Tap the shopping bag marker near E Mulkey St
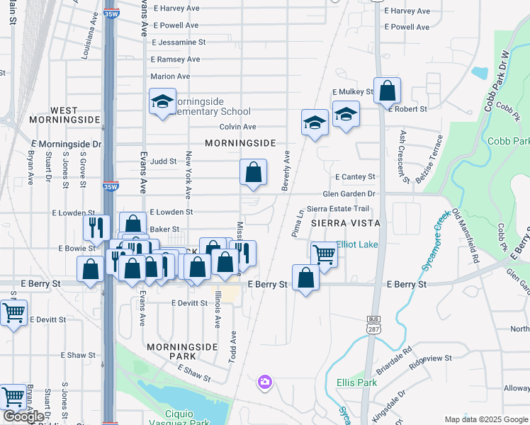pos(387,91)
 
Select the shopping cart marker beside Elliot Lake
pos(324,254)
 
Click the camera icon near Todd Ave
pos(265,382)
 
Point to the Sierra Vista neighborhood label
pos(345,223)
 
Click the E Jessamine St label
pos(178,42)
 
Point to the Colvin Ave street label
pos(237,127)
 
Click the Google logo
pos(23,416)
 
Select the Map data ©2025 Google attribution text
pos(486,419)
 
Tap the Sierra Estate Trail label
pos(338,209)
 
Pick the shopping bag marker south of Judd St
pos(253,172)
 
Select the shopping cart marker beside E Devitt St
pos(13,312)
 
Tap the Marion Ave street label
pos(170,76)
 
